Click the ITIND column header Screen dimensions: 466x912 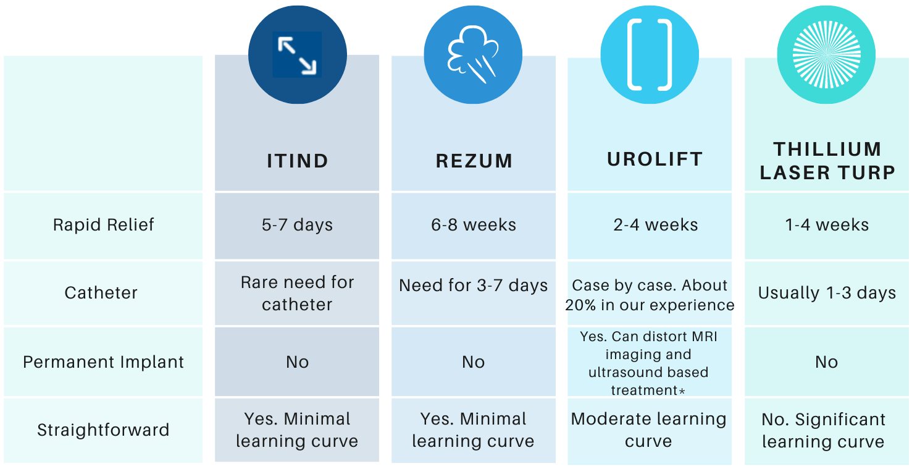tap(297, 161)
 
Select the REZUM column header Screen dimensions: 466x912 tap(474, 161)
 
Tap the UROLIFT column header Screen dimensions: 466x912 tap(655, 159)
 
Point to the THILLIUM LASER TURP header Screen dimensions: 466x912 tap(827, 161)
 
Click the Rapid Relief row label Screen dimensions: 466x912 tap(104, 224)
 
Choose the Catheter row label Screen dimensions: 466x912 tap(101, 292)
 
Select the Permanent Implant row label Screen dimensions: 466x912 tap(104, 362)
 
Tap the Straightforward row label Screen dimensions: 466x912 tap(103, 430)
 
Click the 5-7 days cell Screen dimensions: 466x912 tap(297, 225)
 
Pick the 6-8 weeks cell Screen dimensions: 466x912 tap(474, 225)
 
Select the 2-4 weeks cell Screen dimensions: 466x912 tap(655, 225)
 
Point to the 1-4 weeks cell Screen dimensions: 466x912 tap(827, 225)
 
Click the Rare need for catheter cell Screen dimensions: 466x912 tap(297, 293)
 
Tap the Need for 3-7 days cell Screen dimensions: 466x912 tap(474, 286)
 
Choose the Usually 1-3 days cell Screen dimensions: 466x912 tap(827, 293)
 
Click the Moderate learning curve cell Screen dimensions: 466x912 tap(648, 430)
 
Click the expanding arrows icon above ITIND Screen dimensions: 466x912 tap(297, 55)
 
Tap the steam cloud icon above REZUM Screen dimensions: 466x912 tap(473, 55)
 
